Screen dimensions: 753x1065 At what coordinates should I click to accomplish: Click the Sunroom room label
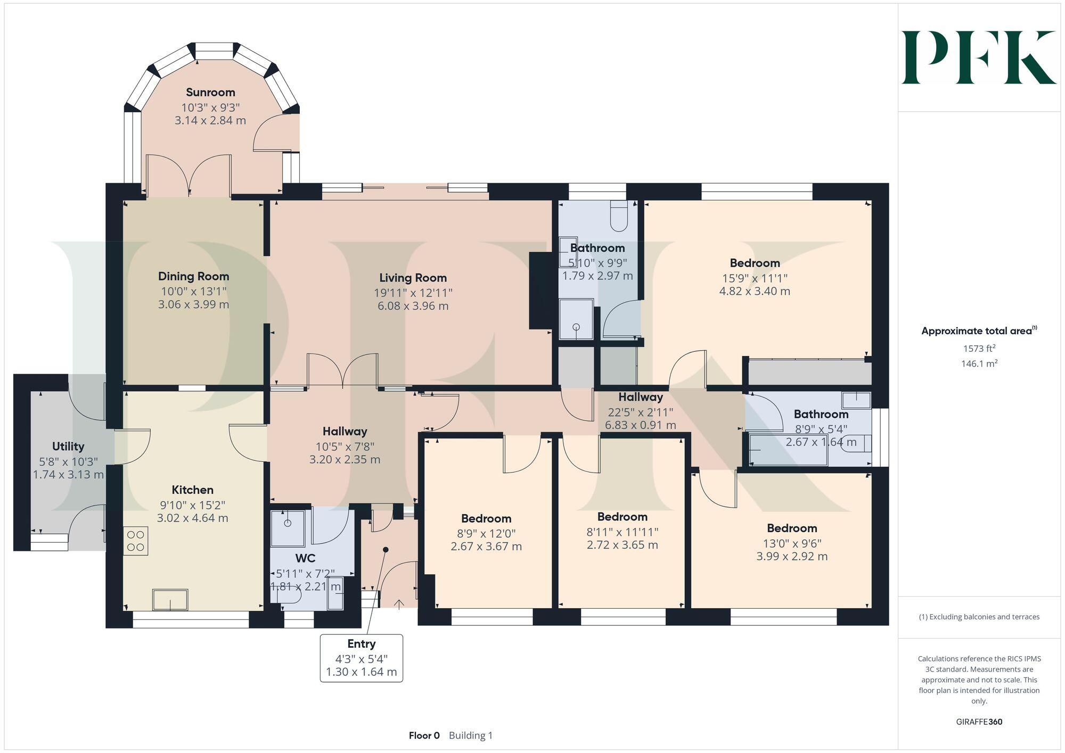tap(210, 93)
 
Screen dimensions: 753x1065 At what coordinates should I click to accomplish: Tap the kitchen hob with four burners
tap(136, 541)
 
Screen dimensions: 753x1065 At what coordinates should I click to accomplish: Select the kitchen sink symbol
tap(170, 600)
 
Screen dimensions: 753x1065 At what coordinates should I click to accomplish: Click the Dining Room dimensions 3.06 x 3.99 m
tap(193, 305)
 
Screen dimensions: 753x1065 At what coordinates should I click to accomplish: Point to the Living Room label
tap(413, 278)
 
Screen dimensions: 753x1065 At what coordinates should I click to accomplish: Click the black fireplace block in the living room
tap(539, 291)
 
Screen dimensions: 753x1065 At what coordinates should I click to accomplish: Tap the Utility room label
tap(68, 446)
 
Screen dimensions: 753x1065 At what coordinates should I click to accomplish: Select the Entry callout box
tap(361, 658)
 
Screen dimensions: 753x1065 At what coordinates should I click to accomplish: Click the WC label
tap(305, 558)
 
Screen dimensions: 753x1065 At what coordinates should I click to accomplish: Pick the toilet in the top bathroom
tap(619, 216)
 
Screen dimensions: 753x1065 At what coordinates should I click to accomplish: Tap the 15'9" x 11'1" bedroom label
tap(755, 263)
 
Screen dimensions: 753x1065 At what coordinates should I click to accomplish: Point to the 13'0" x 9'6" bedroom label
tap(792, 528)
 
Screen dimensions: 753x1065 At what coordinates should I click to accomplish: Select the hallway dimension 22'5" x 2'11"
tap(640, 412)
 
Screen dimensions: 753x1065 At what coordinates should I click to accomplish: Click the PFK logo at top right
tap(979, 57)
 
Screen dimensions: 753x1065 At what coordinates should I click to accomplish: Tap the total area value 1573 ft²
tap(979, 349)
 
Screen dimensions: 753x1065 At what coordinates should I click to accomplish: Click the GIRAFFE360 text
tap(979, 722)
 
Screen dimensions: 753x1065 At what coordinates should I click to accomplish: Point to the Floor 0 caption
tap(424, 735)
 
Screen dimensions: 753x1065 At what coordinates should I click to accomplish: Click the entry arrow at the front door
tap(399, 603)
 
